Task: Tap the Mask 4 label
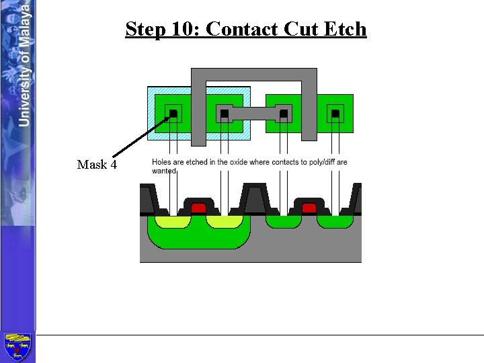coord(97,165)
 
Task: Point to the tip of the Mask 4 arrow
coord(169,117)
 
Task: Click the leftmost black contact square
coord(173,114)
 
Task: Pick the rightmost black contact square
coord(335,114)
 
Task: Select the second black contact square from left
coord(224,114)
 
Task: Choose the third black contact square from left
coord(284,114)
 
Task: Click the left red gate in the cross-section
coord(198,208)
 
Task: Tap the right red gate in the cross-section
coord(309,208)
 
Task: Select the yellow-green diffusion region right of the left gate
coord(224,221)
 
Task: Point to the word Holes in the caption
coord(162,162)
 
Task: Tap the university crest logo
coord(17,347)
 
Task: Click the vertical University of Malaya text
coord(24,64)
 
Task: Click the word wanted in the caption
coord(163,171)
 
